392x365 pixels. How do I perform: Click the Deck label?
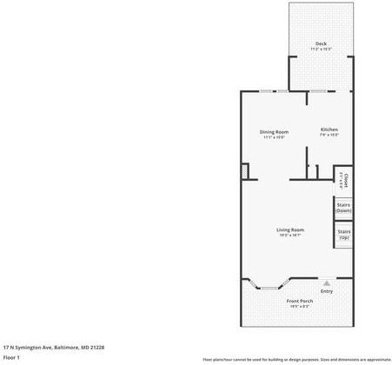(321, 43)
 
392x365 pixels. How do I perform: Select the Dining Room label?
(275, 131)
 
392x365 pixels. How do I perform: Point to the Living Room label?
(290, 229)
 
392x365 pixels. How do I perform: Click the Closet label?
(345, 180)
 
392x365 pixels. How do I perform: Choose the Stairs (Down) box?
(343, 208)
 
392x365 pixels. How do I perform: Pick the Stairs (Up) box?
(343, 234)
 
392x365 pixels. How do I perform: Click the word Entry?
(326, 290)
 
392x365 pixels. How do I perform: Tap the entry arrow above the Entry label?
(326, 282)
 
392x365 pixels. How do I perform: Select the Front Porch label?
(300, 301)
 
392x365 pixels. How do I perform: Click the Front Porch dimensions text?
(300, 307)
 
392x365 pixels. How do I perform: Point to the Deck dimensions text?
(321, 49)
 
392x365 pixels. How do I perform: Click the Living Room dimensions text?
(290, 236)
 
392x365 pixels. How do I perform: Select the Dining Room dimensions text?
(275, 137)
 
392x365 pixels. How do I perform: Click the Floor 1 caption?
(11, 357)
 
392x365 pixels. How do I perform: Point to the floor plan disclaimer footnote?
(296, 358)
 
